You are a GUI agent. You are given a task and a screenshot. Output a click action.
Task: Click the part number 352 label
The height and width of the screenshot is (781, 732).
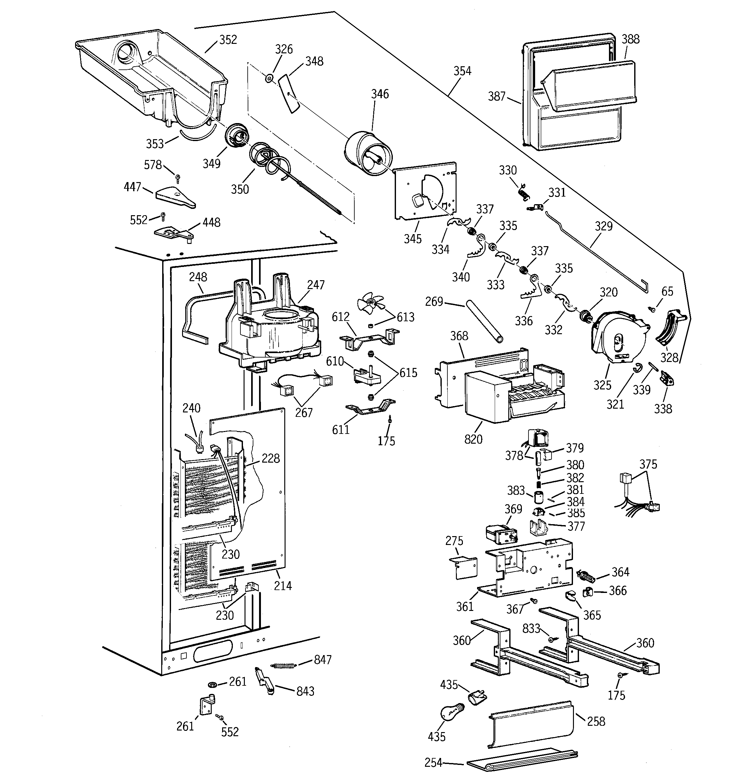click(x=228, y=40)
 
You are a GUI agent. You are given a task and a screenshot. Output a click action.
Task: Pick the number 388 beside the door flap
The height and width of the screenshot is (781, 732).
click(x=631, y=39)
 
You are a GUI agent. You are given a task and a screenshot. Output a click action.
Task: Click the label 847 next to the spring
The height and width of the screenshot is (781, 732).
click(x=322, y=660)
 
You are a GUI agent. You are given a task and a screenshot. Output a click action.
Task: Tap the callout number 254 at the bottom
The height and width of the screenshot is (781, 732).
click(x=434, y=762)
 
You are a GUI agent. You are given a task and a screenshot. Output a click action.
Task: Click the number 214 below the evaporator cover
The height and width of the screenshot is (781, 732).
click(x=283, y=586)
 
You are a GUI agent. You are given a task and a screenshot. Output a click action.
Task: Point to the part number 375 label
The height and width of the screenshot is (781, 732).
click(x=648, y=464)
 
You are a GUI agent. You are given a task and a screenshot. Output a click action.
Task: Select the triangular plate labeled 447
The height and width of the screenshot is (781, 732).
click(x=175, y=197)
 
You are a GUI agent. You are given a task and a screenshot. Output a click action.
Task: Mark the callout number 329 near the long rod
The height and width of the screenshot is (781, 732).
click(x=604, y=226)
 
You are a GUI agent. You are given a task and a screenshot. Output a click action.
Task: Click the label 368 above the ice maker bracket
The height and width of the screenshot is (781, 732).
click(x=459, y=336)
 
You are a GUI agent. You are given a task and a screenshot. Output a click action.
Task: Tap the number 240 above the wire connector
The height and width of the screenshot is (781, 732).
click(x=191, y=408)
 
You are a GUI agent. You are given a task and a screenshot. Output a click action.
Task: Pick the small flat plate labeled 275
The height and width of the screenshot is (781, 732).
click(x=466, y=568)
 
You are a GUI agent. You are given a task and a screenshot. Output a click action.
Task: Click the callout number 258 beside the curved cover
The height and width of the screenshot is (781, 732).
click(x=596, y=721)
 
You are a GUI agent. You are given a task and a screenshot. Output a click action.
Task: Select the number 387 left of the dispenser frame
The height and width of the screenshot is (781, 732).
click(x=497, y=96)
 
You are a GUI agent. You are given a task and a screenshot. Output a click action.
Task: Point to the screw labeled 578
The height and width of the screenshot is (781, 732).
click(x=178, y=178)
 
